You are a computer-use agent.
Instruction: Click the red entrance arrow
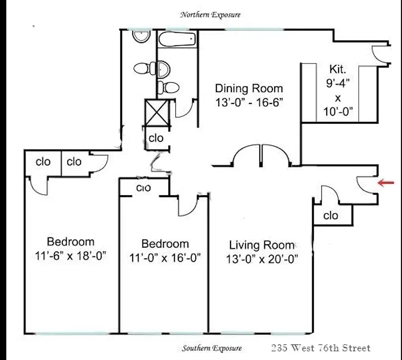(x=386, y=183)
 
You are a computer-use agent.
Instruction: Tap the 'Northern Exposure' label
(x=210, y=15)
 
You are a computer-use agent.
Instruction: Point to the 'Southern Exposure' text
(x=212, y=348)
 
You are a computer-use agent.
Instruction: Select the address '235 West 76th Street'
(x=321, y=348)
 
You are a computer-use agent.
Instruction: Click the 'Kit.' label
(x=338, y=69)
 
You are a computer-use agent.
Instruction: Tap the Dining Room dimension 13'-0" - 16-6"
(x=248, y=102)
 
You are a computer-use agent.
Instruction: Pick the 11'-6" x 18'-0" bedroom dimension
(x=71, y=256)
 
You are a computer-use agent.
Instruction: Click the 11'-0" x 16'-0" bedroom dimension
(x=165, y=258)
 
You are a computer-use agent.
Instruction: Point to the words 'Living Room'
(x=262, y=245)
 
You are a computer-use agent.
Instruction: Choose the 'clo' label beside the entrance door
(x=331, y=216)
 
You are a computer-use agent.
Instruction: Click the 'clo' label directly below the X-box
(x=156, y=138)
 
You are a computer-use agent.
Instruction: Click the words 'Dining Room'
(x=248, y=88)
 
